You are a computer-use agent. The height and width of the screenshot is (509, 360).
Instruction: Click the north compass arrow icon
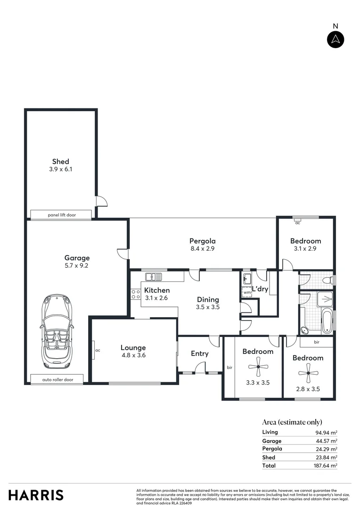[335, 39]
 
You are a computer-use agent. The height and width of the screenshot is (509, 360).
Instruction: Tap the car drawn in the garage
[57, 332]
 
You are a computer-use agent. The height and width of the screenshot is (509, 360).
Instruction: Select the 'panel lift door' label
[61, 215]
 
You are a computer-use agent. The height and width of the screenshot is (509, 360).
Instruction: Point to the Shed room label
[61, 162]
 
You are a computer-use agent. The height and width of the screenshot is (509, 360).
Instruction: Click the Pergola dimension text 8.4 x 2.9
[202, 249]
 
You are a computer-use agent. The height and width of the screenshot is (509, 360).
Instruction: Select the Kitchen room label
[156, 290]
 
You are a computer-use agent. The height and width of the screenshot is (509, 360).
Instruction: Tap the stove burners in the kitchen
[135, 295]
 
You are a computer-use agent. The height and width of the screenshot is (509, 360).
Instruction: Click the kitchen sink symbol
[154, 276]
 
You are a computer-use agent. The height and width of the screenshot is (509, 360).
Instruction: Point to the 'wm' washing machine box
[247, 293]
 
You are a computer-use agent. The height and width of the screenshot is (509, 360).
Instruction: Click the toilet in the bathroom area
[327, 280]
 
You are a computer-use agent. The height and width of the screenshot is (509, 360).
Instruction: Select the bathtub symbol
[327, 320]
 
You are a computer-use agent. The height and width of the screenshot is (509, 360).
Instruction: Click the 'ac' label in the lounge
[98, 350]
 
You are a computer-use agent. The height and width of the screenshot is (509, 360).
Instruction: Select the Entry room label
[199, 353]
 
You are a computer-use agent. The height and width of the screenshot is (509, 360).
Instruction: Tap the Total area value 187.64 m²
[327, 466]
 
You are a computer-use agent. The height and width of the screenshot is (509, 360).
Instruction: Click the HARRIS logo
[36, 495]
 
